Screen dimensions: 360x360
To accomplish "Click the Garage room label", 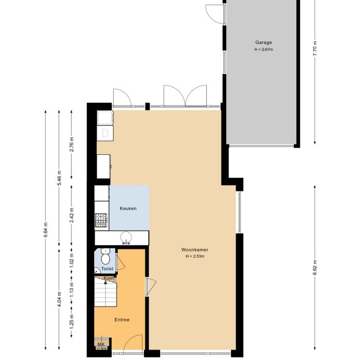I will tap(263, 43).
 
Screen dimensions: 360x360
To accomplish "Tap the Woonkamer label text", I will tap(194, 250).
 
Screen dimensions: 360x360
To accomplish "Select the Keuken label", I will tap(128, 208).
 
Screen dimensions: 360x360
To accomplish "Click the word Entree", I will tap(122, 319).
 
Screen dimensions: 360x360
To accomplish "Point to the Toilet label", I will tap(107, 268).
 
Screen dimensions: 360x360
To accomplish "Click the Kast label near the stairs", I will tap(109, 278).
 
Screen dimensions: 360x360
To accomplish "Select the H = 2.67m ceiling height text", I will tap(263, 50).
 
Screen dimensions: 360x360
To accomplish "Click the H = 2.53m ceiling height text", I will tap(194, 256).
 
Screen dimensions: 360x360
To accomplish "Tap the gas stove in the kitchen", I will tap(101, 221).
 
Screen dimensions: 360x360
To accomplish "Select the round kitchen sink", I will tap(127, 237).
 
